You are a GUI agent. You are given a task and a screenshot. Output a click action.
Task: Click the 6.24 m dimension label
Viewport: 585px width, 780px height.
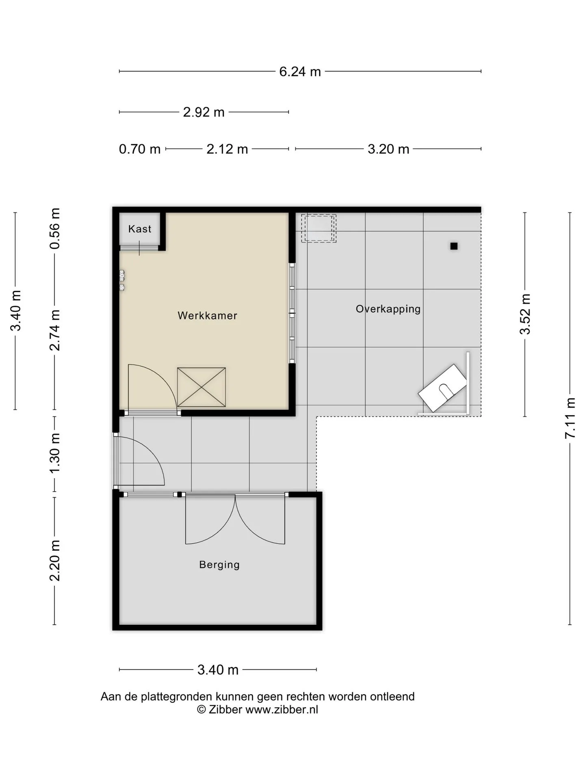[300, 71]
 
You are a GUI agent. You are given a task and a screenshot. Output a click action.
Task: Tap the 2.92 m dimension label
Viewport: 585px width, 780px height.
[204, 112]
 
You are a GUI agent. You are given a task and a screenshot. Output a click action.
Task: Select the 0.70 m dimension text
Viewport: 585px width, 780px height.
[140, 149]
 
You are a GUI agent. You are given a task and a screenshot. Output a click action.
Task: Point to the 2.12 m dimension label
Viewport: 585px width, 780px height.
[227, 149]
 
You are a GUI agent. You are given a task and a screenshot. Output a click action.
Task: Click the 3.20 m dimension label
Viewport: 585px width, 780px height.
[388, 149]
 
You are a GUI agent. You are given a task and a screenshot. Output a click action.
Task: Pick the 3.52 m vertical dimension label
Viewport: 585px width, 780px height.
[525, 314]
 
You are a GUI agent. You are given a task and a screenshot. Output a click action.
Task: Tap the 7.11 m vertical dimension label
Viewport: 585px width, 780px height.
[570, 418]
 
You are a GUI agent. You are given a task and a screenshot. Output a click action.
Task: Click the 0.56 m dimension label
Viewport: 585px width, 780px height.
[55, 228]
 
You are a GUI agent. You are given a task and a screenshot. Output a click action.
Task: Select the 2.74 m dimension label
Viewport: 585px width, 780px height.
[55, 330]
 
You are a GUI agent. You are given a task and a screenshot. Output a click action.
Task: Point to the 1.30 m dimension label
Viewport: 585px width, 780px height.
[55, 453]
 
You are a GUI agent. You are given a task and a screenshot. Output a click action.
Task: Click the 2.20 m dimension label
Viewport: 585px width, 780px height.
[55, 561]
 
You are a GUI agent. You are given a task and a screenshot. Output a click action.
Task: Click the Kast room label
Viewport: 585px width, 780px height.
[140, 229]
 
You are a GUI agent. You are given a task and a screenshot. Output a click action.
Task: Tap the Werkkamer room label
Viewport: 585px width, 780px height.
[207, 316]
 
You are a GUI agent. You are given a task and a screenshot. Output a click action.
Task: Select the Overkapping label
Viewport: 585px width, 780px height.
[388, 309]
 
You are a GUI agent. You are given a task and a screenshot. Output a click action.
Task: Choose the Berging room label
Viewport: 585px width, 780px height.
[219, 565]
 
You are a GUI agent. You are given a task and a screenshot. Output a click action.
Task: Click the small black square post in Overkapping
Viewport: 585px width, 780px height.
[454, 246]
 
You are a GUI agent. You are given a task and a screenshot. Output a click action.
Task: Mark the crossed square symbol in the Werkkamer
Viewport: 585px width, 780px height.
[201, 387]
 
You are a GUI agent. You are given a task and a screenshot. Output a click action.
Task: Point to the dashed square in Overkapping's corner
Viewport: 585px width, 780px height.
[318, 228]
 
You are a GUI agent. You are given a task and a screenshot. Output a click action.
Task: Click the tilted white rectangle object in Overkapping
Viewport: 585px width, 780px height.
[443, 388]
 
